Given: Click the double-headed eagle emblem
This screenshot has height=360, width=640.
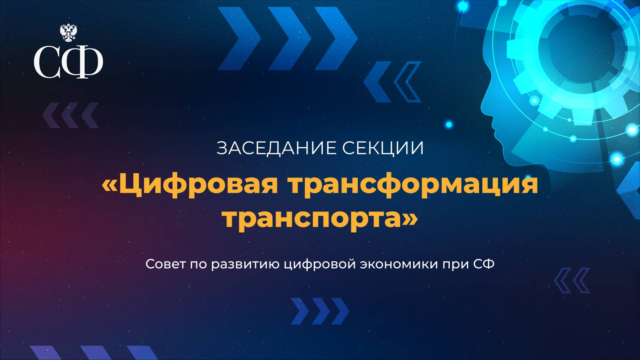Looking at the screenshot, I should pos(69,33).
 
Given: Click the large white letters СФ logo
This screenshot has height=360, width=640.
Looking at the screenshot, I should pos(68,62).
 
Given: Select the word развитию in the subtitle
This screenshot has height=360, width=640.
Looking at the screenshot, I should pos(247,264).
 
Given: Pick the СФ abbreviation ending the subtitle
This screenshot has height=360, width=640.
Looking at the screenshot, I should pos(484,264).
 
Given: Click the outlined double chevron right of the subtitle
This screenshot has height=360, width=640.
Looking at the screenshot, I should pos(572,280).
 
